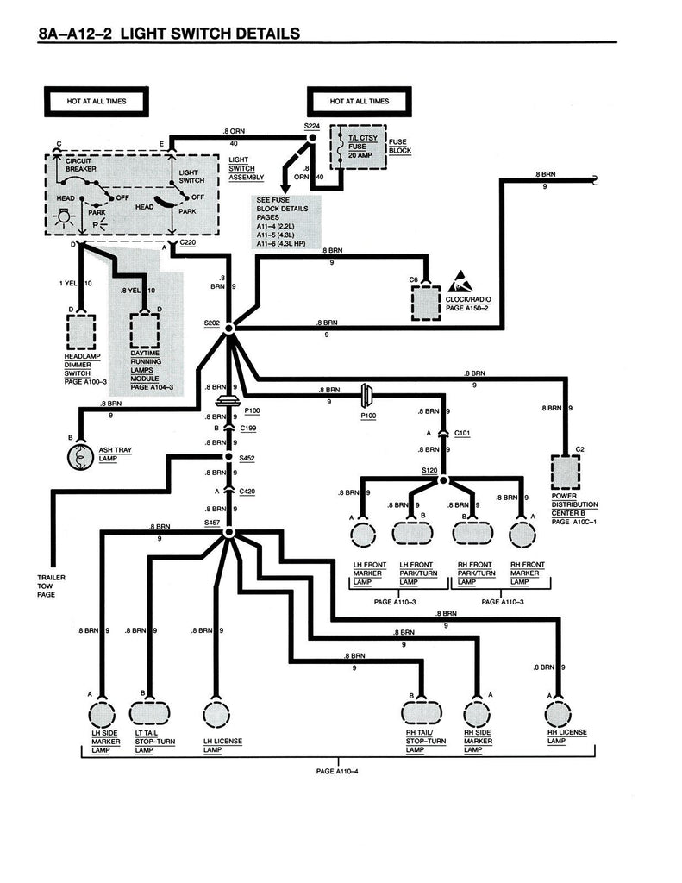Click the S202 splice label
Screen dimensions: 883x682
point(212,323)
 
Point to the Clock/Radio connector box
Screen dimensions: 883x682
point(427,302)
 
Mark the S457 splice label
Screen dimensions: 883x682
point(212,523)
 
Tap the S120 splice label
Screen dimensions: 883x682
point(429,470)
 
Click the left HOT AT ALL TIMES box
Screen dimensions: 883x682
point(96,102)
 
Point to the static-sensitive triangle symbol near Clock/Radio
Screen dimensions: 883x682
point(458,282)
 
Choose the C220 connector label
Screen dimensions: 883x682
point(190,245)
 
